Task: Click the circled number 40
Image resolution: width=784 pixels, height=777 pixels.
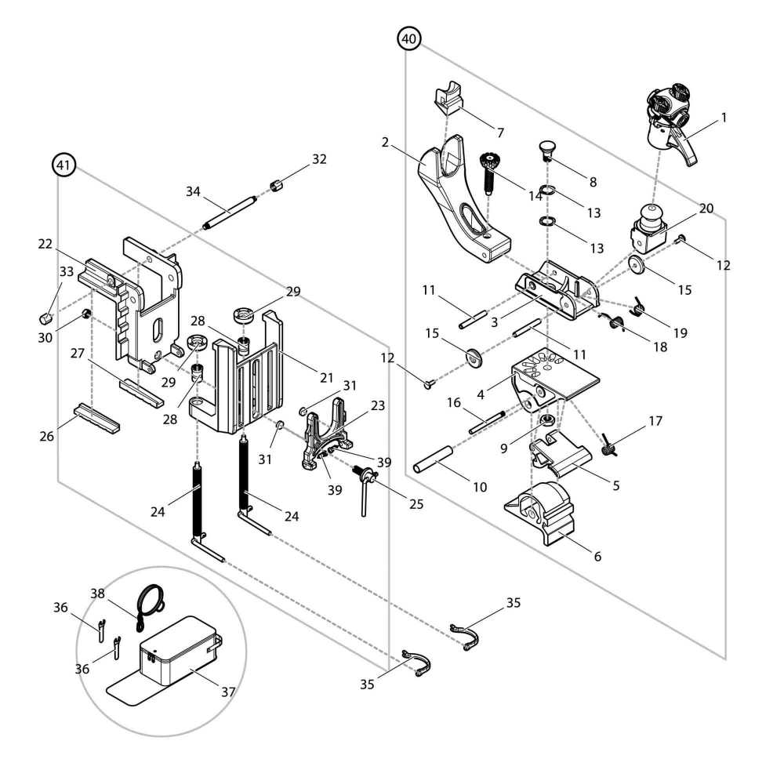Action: (408, 38)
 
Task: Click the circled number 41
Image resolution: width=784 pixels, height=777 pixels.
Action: (64, 165)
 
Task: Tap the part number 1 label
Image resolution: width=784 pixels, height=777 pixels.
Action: (724, 118)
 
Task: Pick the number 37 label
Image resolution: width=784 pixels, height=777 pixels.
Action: (228, 692)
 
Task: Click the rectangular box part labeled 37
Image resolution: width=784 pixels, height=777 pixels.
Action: (176, 647)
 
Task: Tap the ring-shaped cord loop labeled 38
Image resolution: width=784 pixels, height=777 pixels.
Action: (148, 601)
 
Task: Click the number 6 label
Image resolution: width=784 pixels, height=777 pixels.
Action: (597, 557)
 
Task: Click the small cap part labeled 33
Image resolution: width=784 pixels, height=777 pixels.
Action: (45, 318)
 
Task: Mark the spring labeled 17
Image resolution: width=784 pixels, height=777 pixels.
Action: (608, 448)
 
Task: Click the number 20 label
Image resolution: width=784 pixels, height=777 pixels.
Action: (706, 209)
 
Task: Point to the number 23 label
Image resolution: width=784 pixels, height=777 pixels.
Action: (379, 406)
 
